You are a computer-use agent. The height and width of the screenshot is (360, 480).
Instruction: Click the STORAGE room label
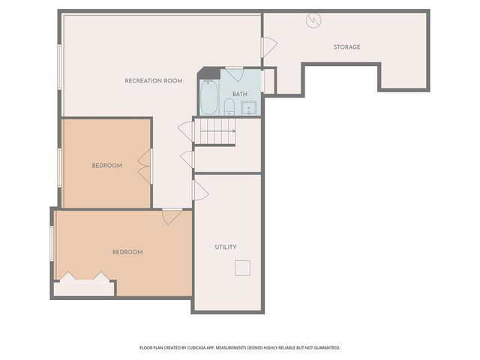pos(347,47)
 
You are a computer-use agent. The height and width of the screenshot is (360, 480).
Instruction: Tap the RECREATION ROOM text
pos(154,80)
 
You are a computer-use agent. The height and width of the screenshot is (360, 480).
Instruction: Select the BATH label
pos(240,94)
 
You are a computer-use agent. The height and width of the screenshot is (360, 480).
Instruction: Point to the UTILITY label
pos(226,247)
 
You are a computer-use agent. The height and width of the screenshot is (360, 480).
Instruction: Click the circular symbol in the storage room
pos(312,20)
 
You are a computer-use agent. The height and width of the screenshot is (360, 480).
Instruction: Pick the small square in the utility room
pos(242,268)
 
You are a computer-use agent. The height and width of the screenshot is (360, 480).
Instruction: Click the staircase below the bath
pos(217,132)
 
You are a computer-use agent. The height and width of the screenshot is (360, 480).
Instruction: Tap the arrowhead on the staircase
pos(234,132)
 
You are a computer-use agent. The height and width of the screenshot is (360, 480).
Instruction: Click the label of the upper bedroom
pos(107,165)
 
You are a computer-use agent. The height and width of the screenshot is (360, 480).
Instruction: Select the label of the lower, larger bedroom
pos(127,252)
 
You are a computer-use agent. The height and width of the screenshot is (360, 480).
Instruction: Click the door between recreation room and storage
pos(268,47)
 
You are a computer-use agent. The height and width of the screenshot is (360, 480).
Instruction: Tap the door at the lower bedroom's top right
pos(172,216)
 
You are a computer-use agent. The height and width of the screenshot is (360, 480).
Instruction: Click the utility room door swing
pos(199,190)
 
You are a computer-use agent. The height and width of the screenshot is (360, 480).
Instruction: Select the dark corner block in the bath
pos(212,73)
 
